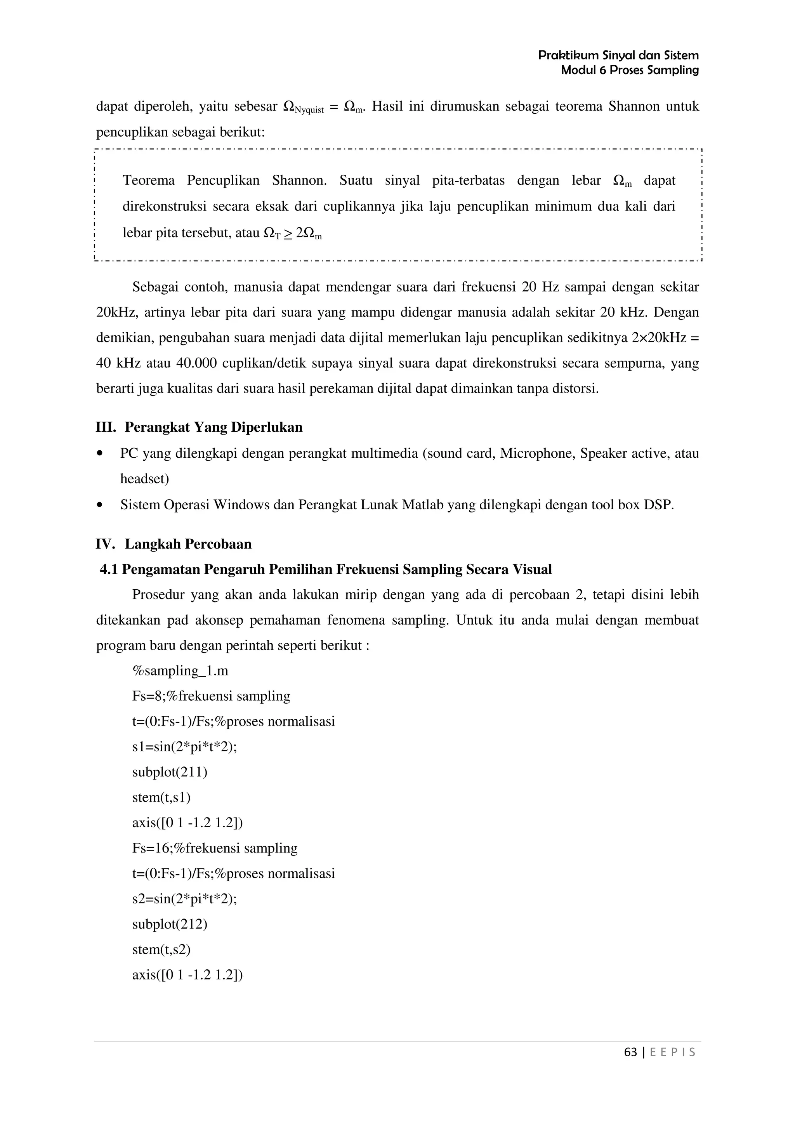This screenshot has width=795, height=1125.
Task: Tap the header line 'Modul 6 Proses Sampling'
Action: [x=629, y=70]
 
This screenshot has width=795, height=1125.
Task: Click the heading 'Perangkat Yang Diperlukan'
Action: [x=213, y=427]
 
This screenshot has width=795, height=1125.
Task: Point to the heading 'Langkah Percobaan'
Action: [x=188, y=544]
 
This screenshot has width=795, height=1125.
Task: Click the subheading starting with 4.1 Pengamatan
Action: [x=326, y=569]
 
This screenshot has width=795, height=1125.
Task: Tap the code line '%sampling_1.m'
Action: [x=180, y=671]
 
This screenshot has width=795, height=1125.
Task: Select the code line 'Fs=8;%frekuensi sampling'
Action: [x=211, y=696]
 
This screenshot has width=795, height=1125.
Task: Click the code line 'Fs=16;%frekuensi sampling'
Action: [x=215, y=848]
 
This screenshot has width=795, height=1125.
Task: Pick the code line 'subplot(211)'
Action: [x=170, y=772]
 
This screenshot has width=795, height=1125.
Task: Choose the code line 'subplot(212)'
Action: [x=170, y=924]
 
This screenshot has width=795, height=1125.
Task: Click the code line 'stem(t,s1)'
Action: [x=161, y=798]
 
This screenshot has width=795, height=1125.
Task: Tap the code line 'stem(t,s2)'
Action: [x=161, y=950]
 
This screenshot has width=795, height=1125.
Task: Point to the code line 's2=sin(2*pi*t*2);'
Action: [x=184, y=899]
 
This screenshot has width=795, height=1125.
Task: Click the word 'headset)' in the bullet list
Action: [x=144, y=479]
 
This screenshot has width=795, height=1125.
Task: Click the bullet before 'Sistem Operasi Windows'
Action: [x=101, y=505]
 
